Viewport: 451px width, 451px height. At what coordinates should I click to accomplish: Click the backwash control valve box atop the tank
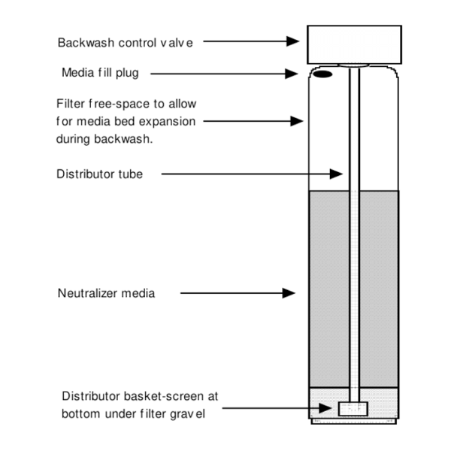pos(353,44)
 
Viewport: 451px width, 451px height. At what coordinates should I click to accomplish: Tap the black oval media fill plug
pos(322,74)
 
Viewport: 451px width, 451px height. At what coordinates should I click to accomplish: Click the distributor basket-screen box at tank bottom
pos(353,409)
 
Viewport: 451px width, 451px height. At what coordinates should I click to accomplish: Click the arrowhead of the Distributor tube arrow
pos(337,174)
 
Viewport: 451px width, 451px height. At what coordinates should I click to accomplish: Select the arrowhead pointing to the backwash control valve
pos(295,43)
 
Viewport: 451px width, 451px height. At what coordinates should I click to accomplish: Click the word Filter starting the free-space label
pos(71,103)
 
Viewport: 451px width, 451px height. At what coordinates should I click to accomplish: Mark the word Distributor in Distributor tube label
pos(86,174)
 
